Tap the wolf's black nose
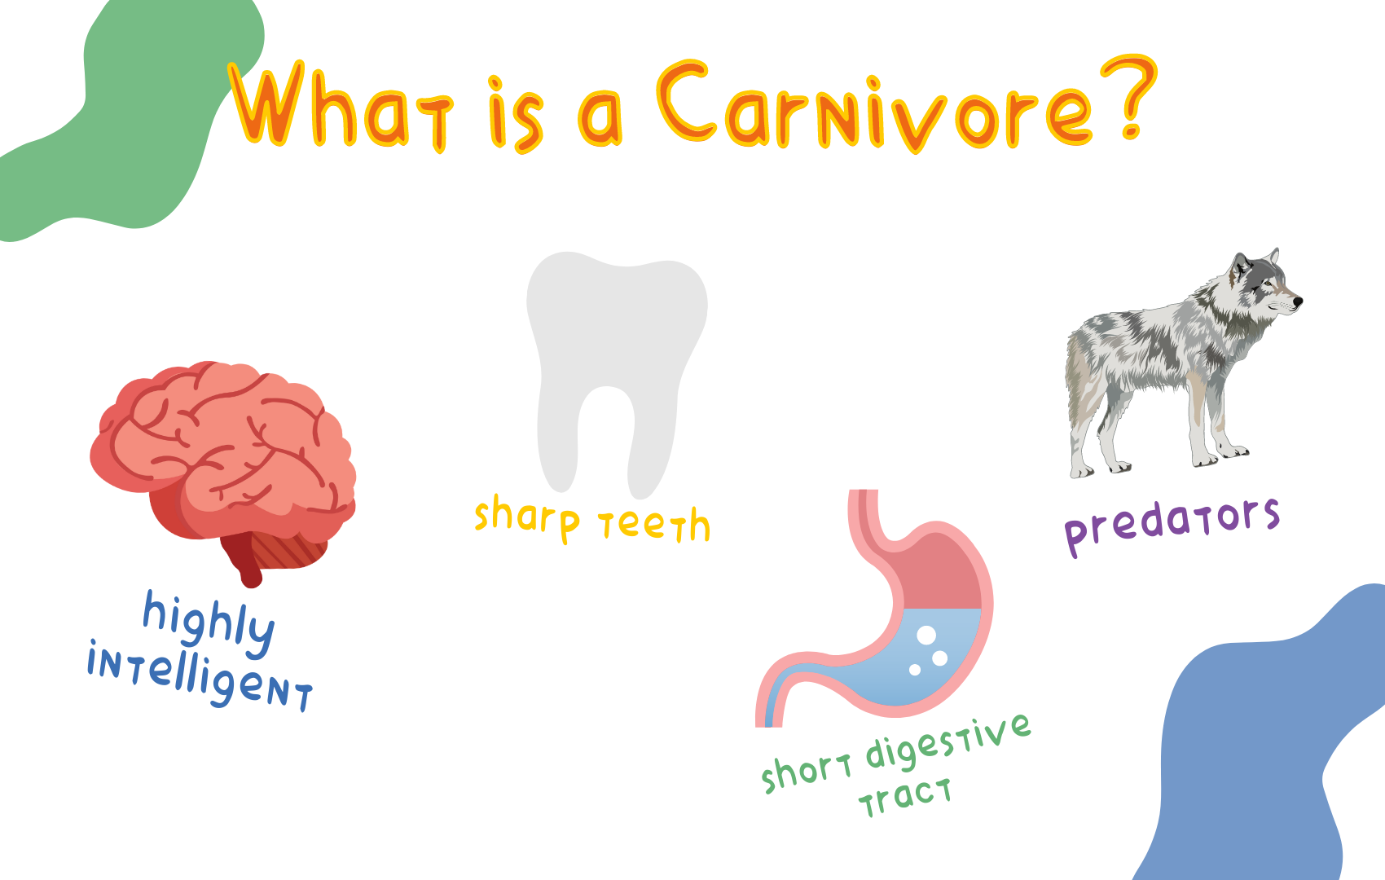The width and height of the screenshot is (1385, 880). [1299, 301]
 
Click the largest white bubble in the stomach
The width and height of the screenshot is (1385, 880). [926, 635]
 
